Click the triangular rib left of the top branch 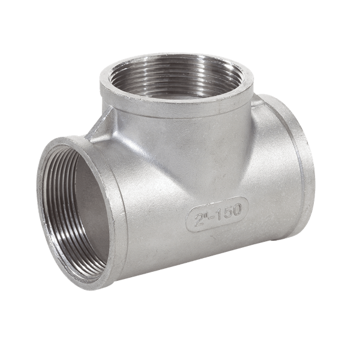click(101, 126)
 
